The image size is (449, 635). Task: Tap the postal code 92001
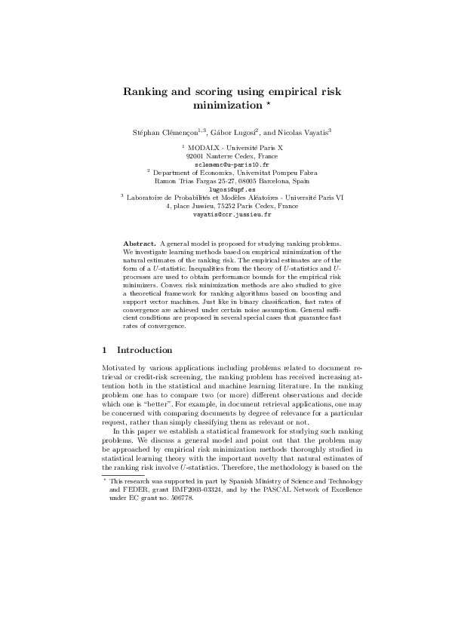(195, 155)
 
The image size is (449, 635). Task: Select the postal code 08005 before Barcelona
(248, 181)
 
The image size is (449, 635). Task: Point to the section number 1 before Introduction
(104, 350)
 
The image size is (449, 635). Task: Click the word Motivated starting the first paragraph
(118, 369)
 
